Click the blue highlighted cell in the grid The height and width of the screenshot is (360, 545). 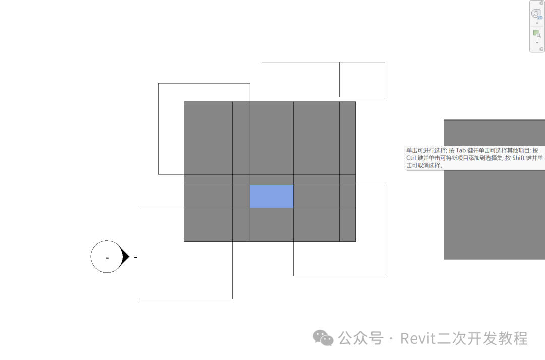tap(271, 196)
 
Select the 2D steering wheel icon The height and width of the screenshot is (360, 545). tap(536, 14)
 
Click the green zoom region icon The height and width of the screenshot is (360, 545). tap(537, 34)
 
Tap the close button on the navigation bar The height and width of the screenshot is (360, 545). tap(541, 3)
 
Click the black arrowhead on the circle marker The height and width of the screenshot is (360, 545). tap(124, 257)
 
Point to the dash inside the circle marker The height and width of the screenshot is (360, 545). tap(107, 258)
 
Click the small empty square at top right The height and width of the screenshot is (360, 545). tap(362, 79)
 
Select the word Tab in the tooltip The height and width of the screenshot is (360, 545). tap(462, 151)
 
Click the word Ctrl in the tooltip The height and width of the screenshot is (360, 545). tap(412, 158)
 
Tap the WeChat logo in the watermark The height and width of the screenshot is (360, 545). tap(323, 338)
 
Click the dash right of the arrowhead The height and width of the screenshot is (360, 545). tap(135, 257)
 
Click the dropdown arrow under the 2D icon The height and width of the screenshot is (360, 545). tap(537, 23)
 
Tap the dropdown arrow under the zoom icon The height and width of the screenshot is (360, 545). tap(537, 43)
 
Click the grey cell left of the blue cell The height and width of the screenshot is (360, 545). tap(241, 196)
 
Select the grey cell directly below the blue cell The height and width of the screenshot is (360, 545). tap(271, 224)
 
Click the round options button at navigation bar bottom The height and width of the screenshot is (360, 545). tap(541, 49)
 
